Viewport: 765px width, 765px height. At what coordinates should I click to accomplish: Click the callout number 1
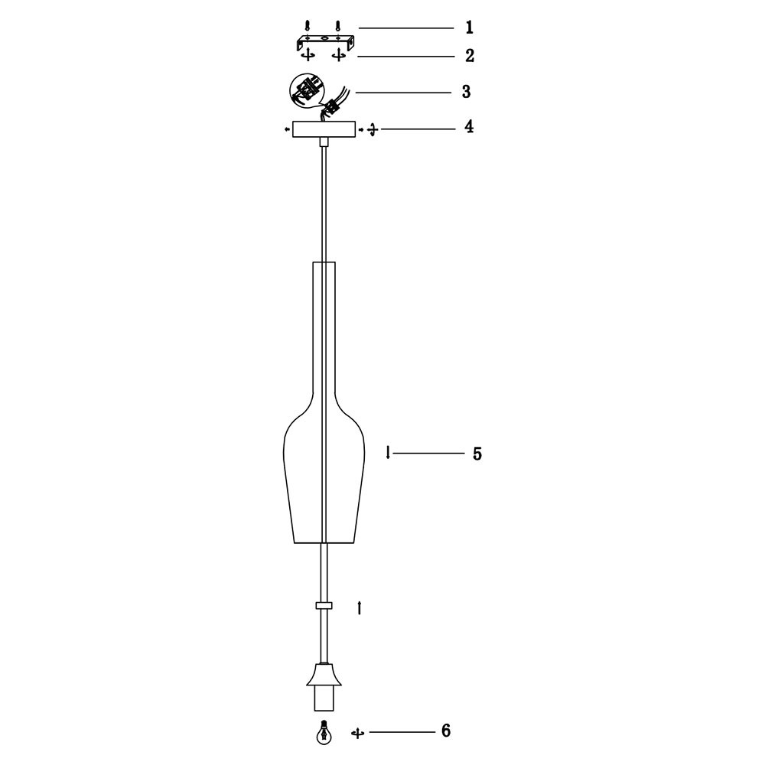[x=470, y=28]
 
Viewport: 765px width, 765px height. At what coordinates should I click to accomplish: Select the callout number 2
[x=470, y=56]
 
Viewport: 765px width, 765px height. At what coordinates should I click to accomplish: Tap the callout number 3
[x=467, y=92]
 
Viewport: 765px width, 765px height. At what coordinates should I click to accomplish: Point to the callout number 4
[x=469, y=127]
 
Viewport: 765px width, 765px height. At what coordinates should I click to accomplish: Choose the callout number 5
[x=477, y=454]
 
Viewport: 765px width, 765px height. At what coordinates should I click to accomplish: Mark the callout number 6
[x=446, y=731]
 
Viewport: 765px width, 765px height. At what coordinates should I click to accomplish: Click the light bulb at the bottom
[x=322, y=732]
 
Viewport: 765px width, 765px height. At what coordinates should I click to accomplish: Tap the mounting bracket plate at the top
[x=325, y=41]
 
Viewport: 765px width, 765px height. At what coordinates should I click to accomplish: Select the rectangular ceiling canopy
[x=324, y=129]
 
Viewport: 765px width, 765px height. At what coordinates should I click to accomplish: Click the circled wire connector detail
[x=307, y=91]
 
